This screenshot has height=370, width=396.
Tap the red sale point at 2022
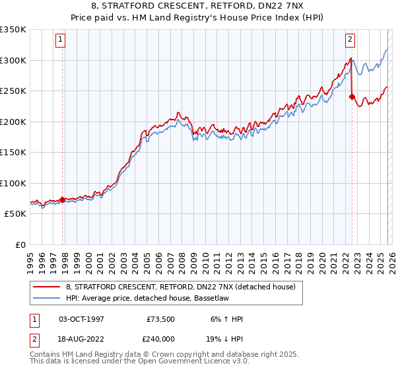pyautogui.click(x=352, y=97)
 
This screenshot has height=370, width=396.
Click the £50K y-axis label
pyautogui.click(x=15, y=214)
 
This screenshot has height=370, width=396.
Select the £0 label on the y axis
pyautogui.click(x=20, y=244)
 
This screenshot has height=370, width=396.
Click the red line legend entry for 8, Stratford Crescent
pyautogui.click(x=184, y=286)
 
